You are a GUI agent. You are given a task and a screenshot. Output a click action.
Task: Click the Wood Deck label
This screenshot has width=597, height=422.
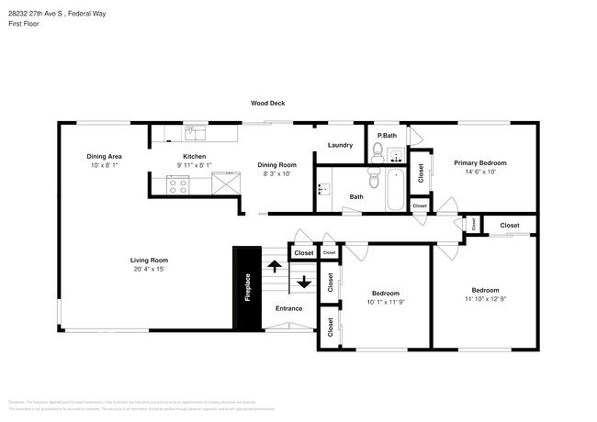coord(268,104)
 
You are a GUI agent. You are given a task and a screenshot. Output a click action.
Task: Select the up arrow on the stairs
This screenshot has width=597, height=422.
coord(274,267)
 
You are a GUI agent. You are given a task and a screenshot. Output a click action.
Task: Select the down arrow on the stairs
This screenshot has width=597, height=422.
coord(303,281)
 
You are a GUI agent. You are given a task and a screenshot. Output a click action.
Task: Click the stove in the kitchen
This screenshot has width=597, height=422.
coord(176,185)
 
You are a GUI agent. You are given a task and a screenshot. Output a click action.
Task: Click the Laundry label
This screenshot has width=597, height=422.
coord(340,145)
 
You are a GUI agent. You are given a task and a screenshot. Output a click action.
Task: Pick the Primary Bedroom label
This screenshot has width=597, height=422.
coord(479,162)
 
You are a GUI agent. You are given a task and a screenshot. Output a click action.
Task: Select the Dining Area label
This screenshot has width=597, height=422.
coord(106,156)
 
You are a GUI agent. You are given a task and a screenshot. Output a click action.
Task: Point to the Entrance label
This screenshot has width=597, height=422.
coord(289,308)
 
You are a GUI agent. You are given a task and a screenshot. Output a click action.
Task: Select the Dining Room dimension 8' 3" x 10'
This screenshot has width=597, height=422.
coord(276,172)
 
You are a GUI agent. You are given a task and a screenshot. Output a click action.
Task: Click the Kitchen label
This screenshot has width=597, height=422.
coord(194,156)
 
